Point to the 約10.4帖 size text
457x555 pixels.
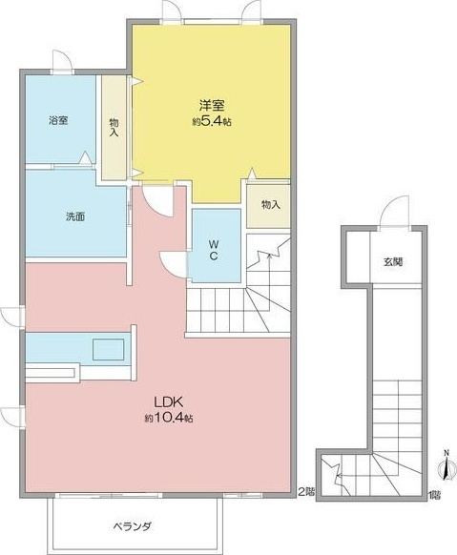[170, 418]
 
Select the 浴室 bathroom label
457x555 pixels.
[59, 121]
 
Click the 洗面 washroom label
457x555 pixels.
[75, 216]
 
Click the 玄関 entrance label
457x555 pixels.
[393, 260]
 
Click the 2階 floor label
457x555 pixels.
[304, 493]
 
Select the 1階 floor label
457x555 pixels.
[434, 493]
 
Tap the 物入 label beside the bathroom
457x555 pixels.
[114, 127]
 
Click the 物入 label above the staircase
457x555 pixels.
[269, 204]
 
